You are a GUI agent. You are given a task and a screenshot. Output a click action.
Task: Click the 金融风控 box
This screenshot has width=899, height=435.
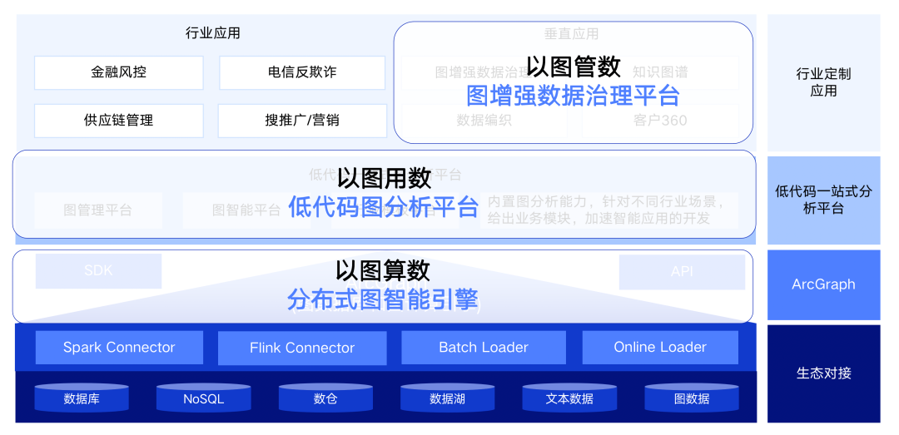[x=118, y=72]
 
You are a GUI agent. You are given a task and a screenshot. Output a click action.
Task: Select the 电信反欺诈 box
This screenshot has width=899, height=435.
[x=302, y=72]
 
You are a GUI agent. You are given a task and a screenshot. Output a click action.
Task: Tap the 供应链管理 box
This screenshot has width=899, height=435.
[x=118, y=120]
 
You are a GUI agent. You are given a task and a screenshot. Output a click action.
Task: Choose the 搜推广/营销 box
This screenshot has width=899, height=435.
[x=302, y=120]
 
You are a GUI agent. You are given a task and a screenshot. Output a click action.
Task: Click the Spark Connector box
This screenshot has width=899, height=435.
[x=119, y=347]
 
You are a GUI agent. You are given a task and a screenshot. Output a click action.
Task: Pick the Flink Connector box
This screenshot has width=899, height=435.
[x=302, y=348]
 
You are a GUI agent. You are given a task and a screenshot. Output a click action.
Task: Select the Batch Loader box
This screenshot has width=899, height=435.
[x=484, y=347]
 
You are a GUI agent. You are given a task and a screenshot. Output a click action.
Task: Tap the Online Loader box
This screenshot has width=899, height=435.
[x=660, y=347]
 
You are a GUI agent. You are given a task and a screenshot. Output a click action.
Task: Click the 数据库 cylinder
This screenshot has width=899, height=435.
[x=82, y=398]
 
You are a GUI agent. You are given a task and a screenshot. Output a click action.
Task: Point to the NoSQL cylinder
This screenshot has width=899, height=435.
[x=203, y=398]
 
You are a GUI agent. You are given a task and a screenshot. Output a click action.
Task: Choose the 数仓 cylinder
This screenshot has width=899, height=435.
[x=325, y=398]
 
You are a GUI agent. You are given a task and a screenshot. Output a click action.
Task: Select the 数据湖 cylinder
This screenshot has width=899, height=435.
[x=447, y=398]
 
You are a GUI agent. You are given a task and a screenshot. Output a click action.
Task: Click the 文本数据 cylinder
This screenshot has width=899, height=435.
[x=569, y=398]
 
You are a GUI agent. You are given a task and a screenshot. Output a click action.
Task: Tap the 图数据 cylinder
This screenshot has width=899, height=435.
[x=692, y=398]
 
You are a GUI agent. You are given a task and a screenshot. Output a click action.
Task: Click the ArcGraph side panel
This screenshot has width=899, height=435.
[x=823, y=284]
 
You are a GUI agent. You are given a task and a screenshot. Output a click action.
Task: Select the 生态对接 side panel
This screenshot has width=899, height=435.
[x=823, y=373]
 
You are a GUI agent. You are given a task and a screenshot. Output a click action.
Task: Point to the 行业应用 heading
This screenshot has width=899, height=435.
[x=213, y=33]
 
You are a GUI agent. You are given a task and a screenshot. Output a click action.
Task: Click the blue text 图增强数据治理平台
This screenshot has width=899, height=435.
[x=573, y=95]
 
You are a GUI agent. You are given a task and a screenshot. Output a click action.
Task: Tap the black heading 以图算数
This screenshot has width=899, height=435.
[x=383, y=270]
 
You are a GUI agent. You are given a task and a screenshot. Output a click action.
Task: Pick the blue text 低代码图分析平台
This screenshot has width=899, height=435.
[x=383, y=205]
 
